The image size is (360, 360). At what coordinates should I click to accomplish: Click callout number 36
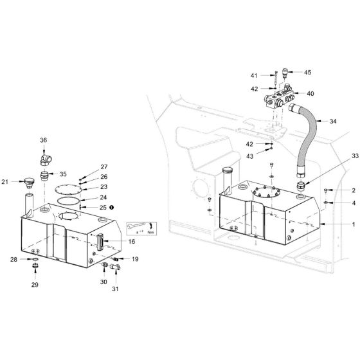44,139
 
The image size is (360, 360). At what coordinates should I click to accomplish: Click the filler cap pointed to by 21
28,179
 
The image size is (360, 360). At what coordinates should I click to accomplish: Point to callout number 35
63,174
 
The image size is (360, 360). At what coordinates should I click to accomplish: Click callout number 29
36,283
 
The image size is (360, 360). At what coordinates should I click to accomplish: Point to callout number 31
116,289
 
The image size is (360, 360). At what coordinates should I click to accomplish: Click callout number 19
135,259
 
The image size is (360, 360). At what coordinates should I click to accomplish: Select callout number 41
254,76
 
